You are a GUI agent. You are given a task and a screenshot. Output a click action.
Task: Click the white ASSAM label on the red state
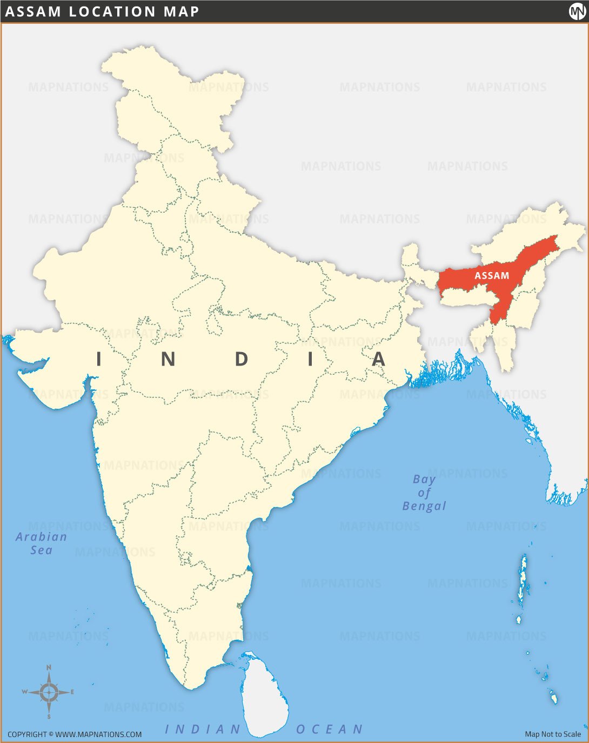pyautogui.click(x=492, y=275)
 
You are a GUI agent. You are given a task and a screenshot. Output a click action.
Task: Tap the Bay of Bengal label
pyautogui.click(x=424, y=492)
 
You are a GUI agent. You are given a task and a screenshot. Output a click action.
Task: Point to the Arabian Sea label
pyautogui.click(x=41, y=543)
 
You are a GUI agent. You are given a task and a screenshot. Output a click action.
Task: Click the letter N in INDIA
pyautogui.click(x=168, y=359)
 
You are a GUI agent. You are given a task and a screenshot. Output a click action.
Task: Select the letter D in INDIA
pyautogui.click(x=242, y=359)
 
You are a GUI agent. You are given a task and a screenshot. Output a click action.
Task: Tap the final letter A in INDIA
pyautogui.click(x=379, y=359)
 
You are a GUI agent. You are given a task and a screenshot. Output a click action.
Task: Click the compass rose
pyautogui.click(x=49, y=692)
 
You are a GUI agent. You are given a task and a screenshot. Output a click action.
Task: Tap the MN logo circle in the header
pyautogui.click(x=577, y=11)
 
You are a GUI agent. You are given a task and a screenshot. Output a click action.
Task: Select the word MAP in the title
pyautogui.click(x=181, y=11)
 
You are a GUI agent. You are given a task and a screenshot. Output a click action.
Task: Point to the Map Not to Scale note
pyautogui.click(x=553, y=734)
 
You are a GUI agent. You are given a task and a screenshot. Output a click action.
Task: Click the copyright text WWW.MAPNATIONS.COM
pyautogui.click(x=98, y=734)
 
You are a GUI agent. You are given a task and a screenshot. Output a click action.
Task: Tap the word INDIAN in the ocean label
pyautogui.click(x=203, y=730)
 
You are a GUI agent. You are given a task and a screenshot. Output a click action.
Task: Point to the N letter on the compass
pyautogui.click(x=49, y=668)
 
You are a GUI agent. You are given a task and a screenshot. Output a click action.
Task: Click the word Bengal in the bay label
pyautogui.click(x=424, y=506)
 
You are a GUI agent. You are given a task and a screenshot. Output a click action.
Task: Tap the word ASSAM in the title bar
pyautogui.click(x=32, y=11)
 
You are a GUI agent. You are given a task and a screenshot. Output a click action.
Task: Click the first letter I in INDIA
pyautogui.click(x=98, y=359)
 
